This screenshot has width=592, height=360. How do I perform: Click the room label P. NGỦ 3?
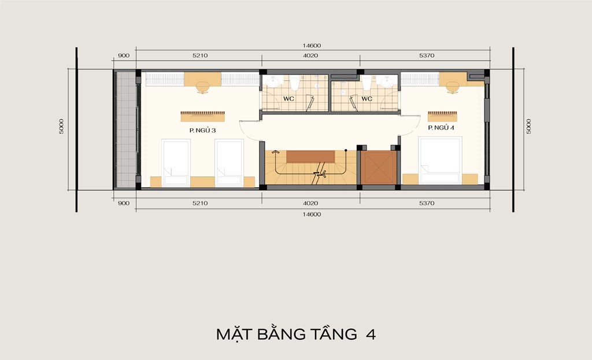coord(202,131)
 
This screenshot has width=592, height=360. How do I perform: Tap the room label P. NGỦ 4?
coord(441,128)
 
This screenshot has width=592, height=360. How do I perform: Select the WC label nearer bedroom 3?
coord(289,99)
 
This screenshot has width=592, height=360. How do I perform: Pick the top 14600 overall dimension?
coord(312,46)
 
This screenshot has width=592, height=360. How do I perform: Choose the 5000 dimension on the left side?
coord(61,127)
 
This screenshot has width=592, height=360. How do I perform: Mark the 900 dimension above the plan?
coord(124,55)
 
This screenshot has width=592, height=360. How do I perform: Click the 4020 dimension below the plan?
coord(310,203)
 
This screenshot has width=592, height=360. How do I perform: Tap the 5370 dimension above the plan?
coord(427,55)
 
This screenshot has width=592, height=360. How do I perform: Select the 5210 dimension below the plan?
coord(200,203)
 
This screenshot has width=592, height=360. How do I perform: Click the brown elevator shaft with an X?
coord(379,168)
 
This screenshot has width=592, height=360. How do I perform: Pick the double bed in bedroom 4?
coord(440,161)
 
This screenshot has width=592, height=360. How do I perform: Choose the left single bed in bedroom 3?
coord(176,163)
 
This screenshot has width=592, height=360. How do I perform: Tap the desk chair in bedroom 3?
coord(203,88)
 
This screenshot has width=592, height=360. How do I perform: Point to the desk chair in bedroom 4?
coord(453,88)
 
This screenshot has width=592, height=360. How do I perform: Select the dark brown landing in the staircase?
coord(310,157)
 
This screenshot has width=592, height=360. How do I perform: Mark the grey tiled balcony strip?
coord(125,129)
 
